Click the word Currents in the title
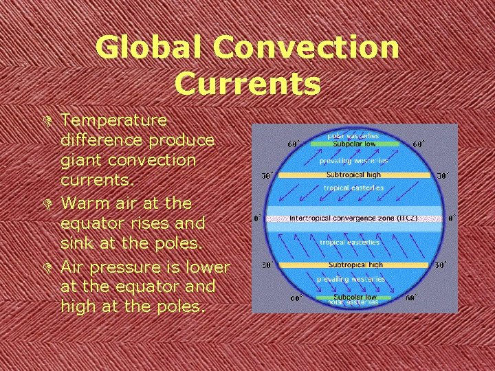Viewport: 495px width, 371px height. point(247,83)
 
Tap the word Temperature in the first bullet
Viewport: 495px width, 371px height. point(113,120)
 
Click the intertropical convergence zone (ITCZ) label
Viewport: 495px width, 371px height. point(353,218)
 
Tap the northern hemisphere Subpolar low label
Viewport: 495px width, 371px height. point(353,144)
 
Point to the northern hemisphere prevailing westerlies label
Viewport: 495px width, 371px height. point(353,160)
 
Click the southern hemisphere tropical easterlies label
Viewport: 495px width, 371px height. point(349,243)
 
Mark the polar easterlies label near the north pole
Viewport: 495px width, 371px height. point(353,136)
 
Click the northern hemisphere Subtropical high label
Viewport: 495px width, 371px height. point(353,175)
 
